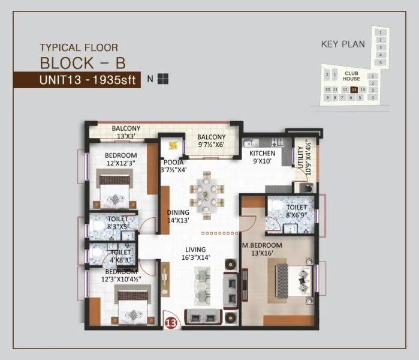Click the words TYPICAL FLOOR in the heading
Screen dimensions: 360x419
click(79, 47)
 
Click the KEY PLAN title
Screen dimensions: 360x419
click(343, 43)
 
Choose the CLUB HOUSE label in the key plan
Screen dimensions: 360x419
click(352, 76)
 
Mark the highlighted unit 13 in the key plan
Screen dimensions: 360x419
click(354, 89)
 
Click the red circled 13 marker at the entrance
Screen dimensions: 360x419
click(171, 322)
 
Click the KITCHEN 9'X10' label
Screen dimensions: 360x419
click(263, 157)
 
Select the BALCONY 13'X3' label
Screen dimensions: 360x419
click(126, 132)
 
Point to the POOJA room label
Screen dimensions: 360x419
click(174, 166)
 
